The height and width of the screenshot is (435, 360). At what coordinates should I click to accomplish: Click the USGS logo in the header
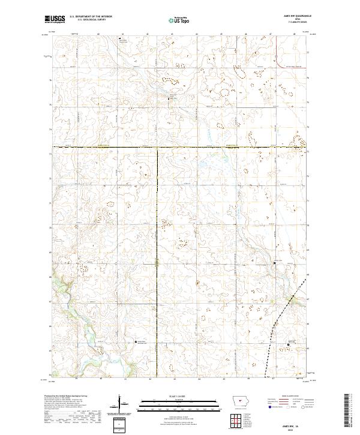pyautogui.click(x=55, y=19)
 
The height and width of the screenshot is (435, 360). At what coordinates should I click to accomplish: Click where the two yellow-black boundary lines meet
pyautogui.click(x=158, y=147)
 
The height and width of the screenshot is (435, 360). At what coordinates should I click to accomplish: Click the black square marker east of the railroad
pyautogui.click(x=289, y=344)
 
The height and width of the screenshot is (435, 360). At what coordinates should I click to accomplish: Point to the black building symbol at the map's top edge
pyautogui.click(x=119, y=40)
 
